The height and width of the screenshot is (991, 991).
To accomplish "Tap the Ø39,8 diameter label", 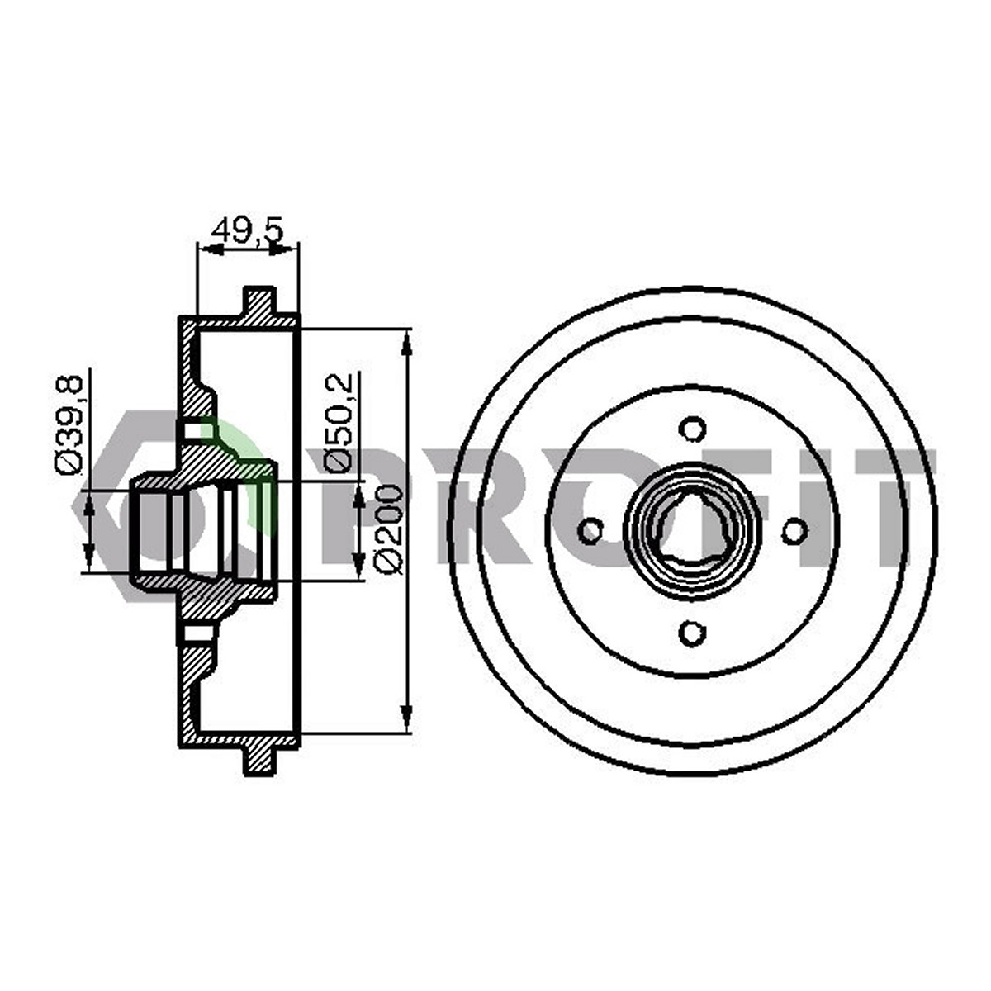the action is [x=69, y=423].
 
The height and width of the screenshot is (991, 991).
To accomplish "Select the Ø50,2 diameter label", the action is [x=338, y=421].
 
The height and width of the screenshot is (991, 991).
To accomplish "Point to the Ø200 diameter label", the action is [x=388, y=529].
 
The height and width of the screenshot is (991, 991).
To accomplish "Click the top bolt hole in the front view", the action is [x=692, y=429].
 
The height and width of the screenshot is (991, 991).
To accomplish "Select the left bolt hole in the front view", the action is [x=590, y=531].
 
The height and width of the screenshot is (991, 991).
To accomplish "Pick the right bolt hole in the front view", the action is [x=794, y=531].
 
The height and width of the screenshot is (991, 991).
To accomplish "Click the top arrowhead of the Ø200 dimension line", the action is [x=407, y=342].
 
